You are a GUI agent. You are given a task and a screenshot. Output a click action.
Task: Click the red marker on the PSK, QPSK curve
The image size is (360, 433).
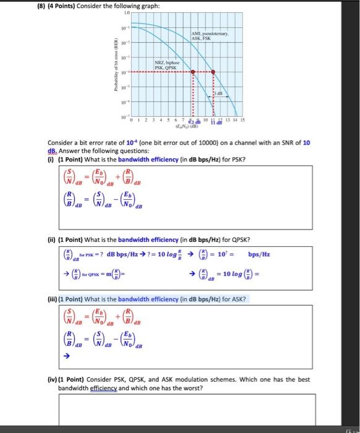192,72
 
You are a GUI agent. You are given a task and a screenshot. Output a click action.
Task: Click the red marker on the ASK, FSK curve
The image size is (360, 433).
213,72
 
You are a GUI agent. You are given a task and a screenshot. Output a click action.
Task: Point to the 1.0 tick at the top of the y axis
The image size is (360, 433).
127,13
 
